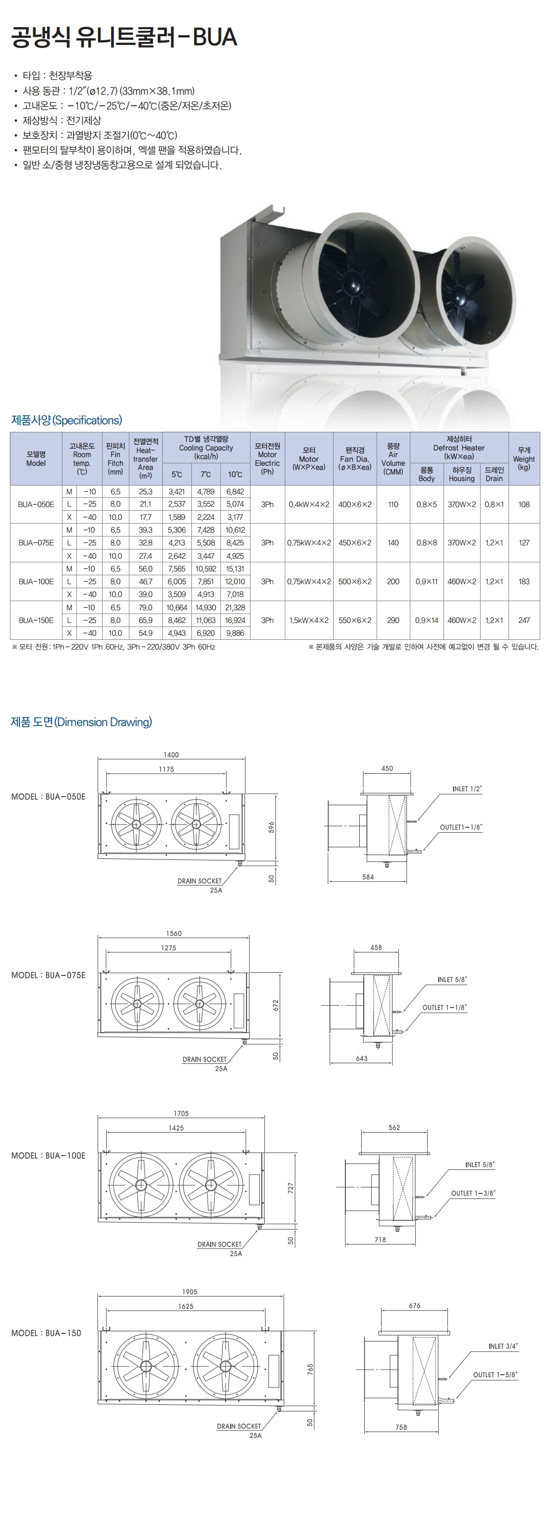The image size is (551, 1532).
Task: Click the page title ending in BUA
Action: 124,37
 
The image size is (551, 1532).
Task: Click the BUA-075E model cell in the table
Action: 36,542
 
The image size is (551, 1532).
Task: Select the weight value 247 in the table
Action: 523,620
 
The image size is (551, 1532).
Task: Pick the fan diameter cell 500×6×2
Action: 355,581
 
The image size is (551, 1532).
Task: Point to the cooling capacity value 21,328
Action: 235,607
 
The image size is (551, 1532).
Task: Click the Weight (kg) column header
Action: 523,459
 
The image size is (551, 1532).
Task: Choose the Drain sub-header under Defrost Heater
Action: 494,474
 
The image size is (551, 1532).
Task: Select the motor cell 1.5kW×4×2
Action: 309,620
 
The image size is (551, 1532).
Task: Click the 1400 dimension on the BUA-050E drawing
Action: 171,754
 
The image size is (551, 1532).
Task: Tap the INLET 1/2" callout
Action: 467,788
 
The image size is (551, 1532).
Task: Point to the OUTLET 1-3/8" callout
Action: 473,1192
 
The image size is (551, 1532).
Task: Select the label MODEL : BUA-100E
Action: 48,1155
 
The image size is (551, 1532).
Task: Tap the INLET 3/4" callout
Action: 504,1346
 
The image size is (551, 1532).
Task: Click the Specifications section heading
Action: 66,420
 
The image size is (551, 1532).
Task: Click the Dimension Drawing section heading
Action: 82,722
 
